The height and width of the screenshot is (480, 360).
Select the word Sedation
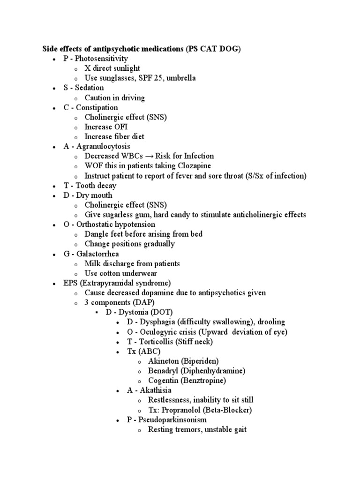click(90, 88)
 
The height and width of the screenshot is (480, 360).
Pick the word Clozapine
click(194, 166)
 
